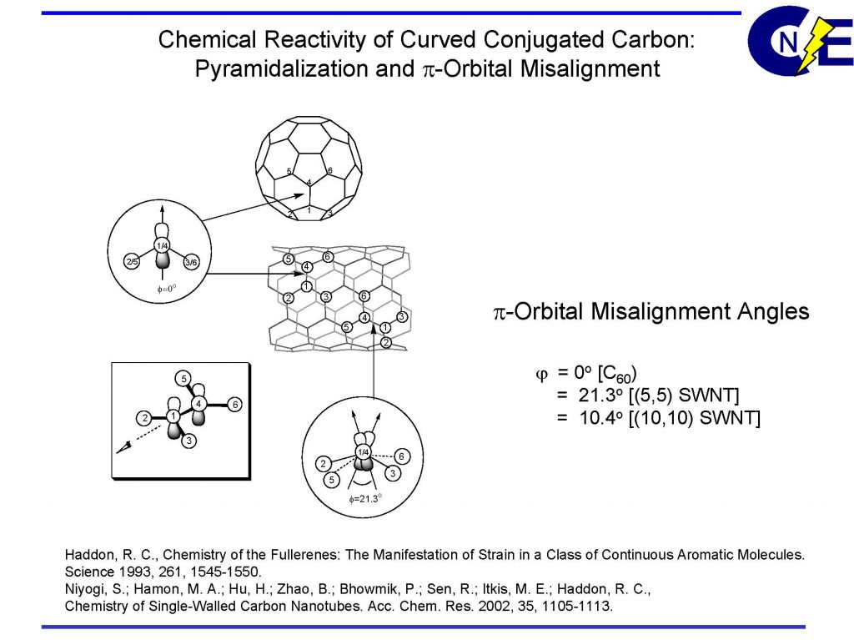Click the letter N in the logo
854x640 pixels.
(787, 44)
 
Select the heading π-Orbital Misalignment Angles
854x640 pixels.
(651, 312)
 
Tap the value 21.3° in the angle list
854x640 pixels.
(604, 394)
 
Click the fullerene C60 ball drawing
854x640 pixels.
(309, 168)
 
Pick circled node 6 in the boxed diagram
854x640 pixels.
(236, 405)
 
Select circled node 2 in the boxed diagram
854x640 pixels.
(144, 416)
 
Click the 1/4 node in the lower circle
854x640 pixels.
(363, 451)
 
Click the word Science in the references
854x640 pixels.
(87, 572)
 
